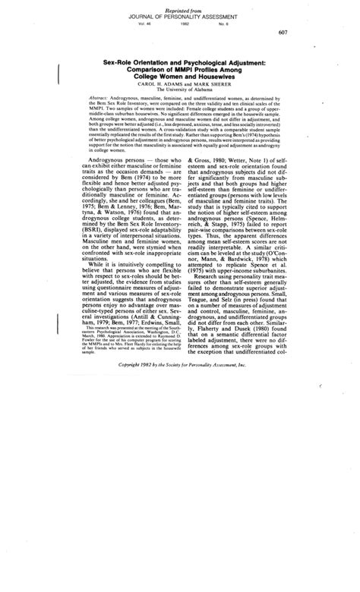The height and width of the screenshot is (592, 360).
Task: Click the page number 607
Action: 303,32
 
